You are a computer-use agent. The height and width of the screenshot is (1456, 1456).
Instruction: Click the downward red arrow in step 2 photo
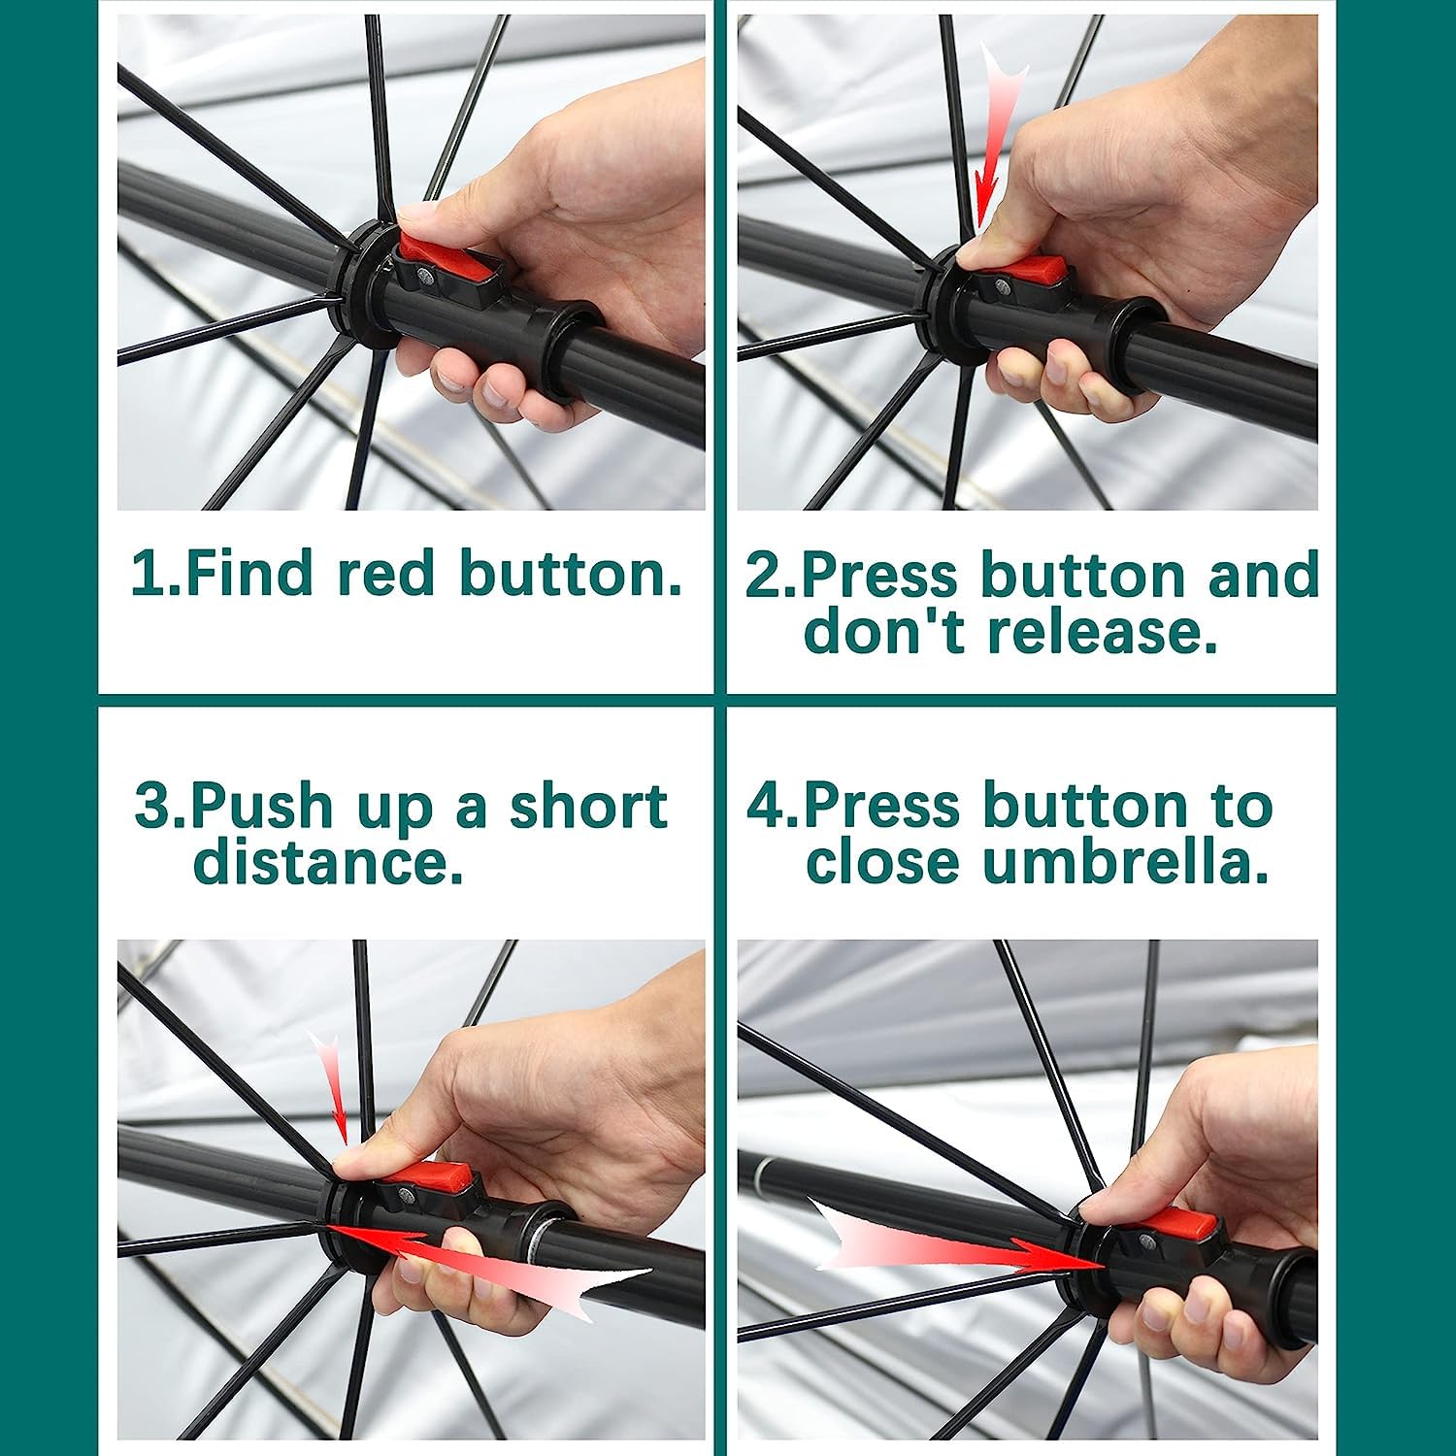[x=995, y=146]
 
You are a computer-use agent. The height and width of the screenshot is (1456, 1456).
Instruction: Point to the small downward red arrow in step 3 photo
[x=333, y=1087]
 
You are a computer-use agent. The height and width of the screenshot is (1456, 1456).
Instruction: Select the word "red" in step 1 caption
[x=385, y=573]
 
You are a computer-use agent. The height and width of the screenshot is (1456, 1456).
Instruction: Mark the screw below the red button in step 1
[x=425, y=278]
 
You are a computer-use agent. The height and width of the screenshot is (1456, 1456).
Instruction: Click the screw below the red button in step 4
[x=1149, y=1240]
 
